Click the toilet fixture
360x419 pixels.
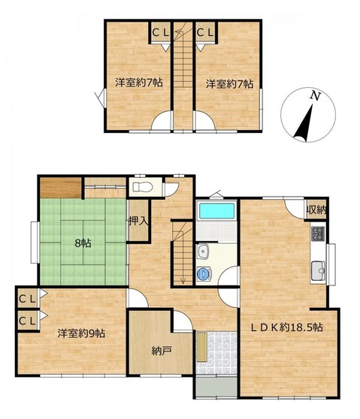click(x=143, y=186)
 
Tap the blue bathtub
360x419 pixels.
click(x=216, y=211)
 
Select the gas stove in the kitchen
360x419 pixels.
click(x=318, y=234)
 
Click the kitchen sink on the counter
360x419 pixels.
click(x=318, y=270)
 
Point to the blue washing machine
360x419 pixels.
click(x=203, y=273)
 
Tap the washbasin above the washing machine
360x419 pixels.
click(x=204, y=252)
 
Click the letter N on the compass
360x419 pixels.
click(x=316, y=96)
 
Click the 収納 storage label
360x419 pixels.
click(x=316, y=210)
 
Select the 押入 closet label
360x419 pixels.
click(x=138, y=221)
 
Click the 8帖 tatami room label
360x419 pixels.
click(x=83, y=243)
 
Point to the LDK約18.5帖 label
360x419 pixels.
click(x=286, y=327)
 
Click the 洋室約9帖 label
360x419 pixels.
click(x=81, y=333)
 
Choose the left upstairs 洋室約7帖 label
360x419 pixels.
click(x=139, y=83)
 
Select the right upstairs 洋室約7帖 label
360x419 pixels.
click(x=229, y=84)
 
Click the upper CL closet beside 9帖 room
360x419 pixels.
click(x=27, y=299)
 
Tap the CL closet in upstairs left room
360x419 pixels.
click(x=161, y=33)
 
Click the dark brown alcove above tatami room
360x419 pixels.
click(x=61, y=188)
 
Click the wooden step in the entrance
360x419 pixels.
click(x=202, y=347)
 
